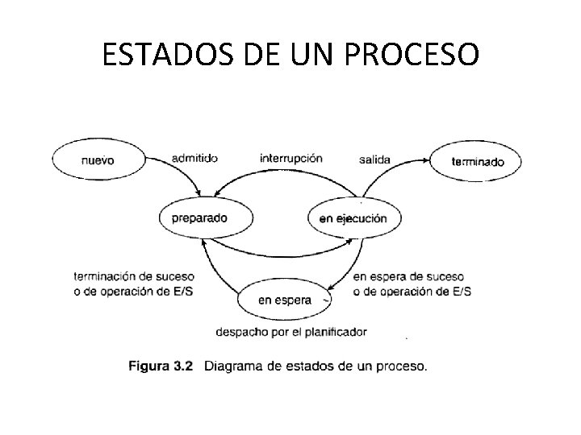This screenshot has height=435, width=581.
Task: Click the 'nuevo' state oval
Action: pyautogui.click(x=98, y=159)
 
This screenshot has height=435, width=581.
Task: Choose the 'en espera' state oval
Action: pyautogui.click(x=284, y=300)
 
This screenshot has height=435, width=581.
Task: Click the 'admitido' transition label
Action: pyautogui.click(x=194, y=158)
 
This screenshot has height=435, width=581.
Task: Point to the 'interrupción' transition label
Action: pyautogui.click(x=290, y=158)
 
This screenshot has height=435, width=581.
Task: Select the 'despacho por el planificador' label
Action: pyautogui.click(x=291, y=331)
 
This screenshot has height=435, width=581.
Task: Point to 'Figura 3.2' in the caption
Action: pyautogui.click(x=161, y=367)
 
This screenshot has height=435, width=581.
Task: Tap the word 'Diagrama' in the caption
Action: pyautogui.click(x=236, y=367)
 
